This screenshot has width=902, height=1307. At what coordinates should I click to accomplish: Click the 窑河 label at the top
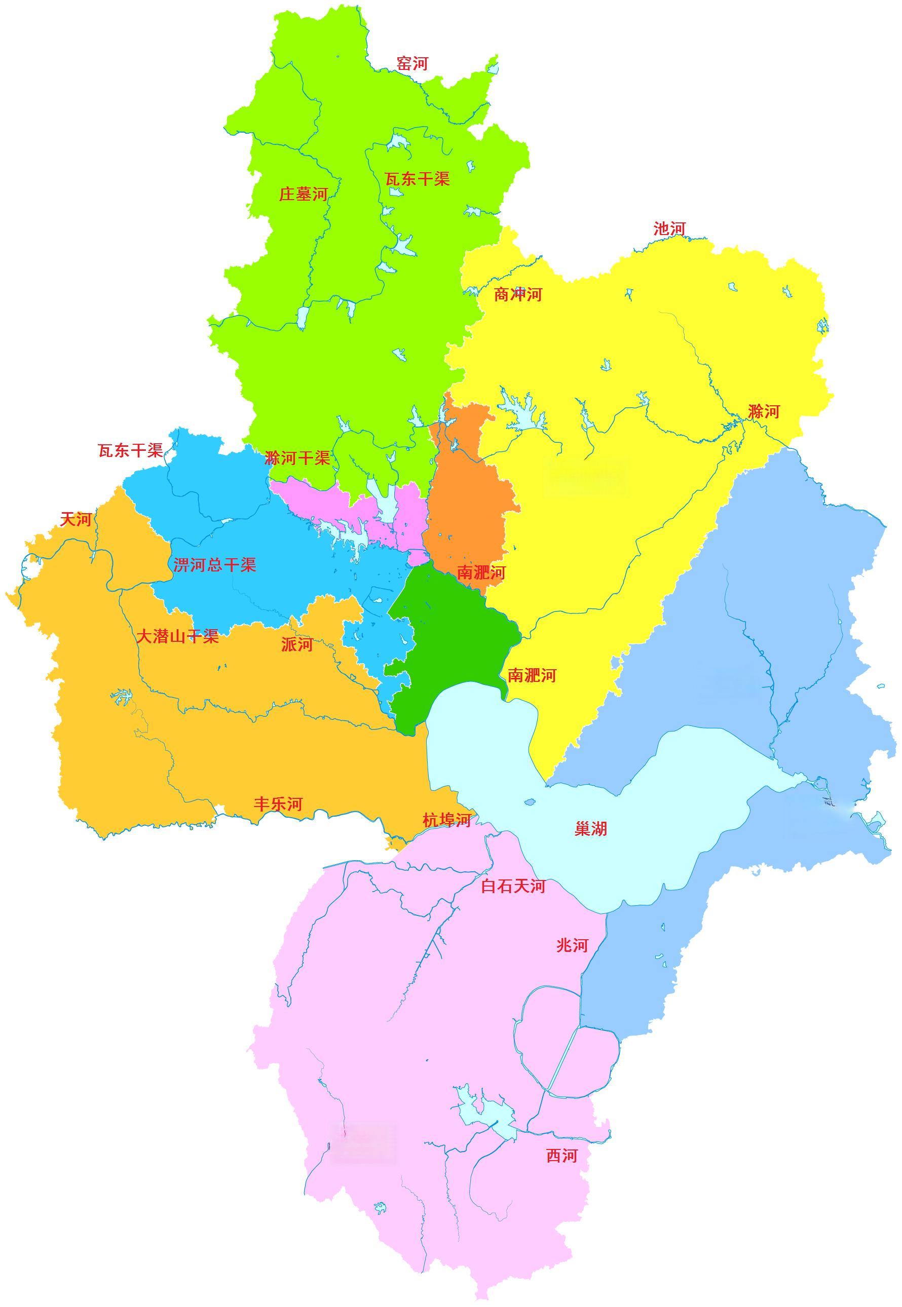pos(412,63)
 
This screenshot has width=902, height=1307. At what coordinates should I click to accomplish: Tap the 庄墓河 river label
pos(304,195)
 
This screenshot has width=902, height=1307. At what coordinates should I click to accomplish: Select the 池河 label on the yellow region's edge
pos(669,229)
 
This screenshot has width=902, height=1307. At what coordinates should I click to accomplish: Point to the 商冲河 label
pos(518,294)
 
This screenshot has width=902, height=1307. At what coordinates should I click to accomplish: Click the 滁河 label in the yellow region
pos(764,411)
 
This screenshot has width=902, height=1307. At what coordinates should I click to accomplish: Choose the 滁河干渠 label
pos(297,457)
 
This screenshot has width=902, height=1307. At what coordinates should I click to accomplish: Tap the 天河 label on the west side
pos(76,519)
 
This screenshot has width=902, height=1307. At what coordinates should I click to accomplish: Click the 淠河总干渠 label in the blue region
pos(215,565)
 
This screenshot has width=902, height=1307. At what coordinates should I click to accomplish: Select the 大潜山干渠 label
pos(177,637)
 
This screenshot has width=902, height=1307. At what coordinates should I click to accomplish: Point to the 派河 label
pos(297,644)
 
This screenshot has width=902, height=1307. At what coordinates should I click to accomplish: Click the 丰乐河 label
pos(278,804)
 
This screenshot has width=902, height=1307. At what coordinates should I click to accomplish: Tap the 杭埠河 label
pos(446,820)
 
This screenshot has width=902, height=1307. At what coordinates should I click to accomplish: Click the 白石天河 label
pos(513,886)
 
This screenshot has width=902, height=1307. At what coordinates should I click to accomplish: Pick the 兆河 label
pos(572,945)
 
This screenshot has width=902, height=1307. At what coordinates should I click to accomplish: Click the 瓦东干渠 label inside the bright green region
pos(417,179)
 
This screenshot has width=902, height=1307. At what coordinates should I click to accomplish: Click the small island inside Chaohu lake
pos(530,802)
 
